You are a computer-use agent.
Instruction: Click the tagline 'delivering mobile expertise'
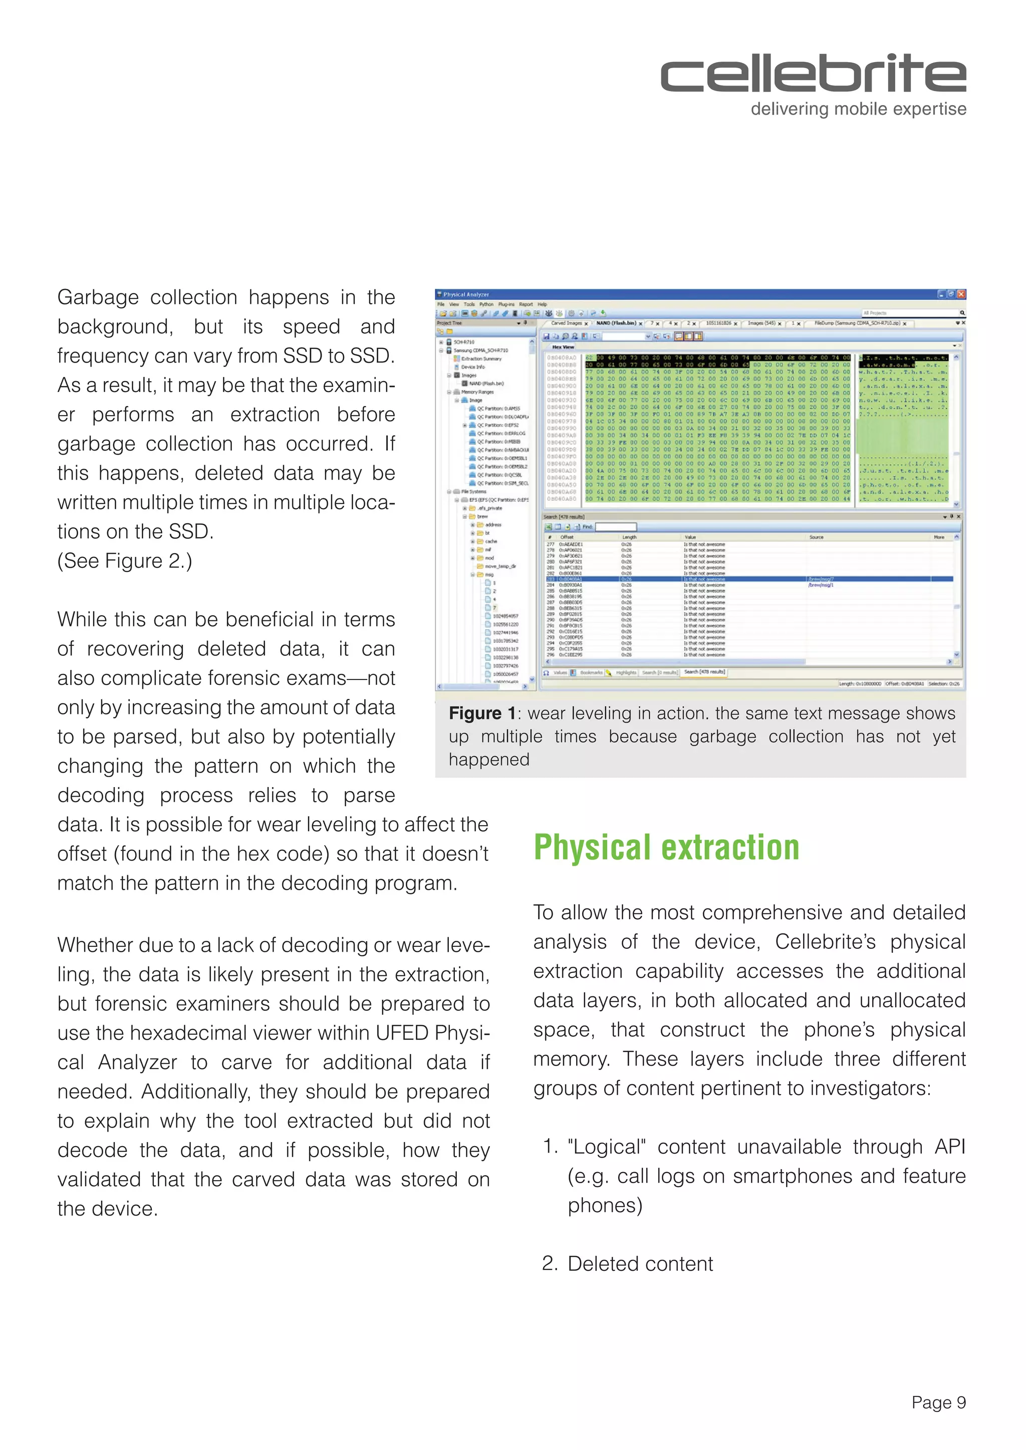[x=858, y=109]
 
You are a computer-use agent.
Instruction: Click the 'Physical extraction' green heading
[x=666, y=848]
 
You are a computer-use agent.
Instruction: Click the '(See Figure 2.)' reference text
[x=124, y=561]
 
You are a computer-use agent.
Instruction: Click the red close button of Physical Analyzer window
[x=961, y=294]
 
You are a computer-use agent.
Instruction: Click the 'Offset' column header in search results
[x=567, y=537]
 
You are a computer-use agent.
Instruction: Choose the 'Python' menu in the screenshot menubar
[x=486, y=304]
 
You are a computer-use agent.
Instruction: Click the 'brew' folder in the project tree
[x=482, y=517]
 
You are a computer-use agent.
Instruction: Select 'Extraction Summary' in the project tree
[x=481, y=358]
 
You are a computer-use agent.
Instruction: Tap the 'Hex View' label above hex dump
[x=563, y=346]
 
